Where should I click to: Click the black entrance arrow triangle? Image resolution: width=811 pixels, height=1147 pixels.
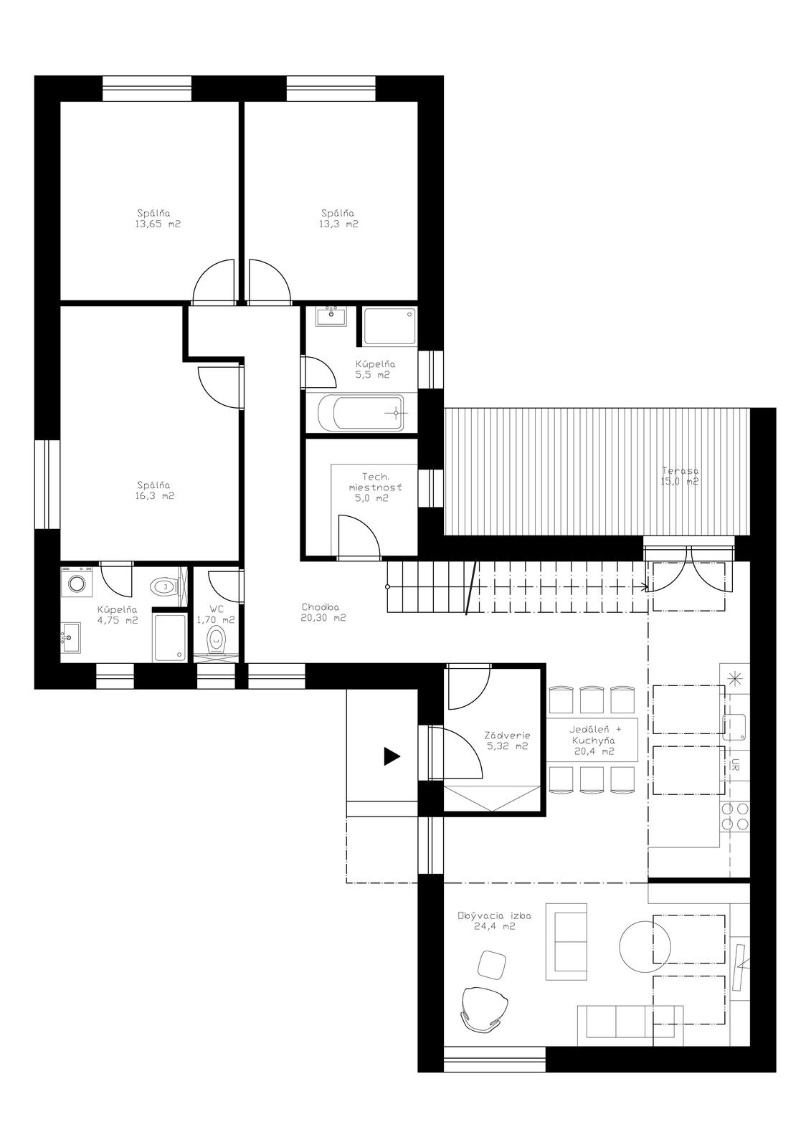392,756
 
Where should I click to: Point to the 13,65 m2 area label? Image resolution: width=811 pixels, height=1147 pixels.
158,224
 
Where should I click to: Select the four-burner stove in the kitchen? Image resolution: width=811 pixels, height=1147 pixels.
735,817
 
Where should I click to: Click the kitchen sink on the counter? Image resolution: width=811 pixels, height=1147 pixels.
734,727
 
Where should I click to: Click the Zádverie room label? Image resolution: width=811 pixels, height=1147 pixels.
507,736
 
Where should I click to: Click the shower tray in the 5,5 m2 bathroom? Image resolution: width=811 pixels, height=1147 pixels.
389,327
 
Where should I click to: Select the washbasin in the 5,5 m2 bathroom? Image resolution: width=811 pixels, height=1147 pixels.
331,316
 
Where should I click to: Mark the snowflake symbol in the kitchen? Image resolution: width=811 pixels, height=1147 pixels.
735,679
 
